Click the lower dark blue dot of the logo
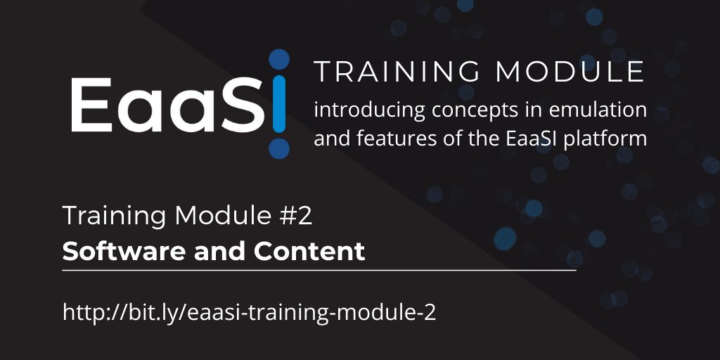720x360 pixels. point(279,148)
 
